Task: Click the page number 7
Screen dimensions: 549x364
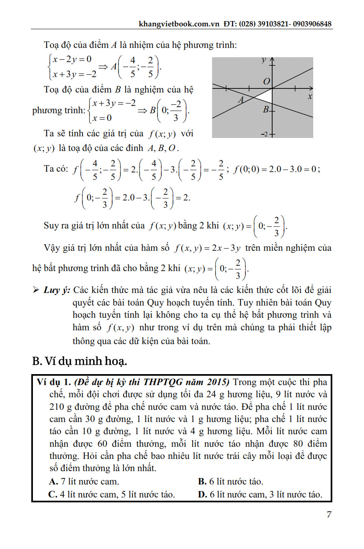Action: point(329,515)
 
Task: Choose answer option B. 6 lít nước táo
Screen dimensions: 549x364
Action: point(230,482)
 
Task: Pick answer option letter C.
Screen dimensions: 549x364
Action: point(52,494)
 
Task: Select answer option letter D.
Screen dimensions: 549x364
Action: point(201,494)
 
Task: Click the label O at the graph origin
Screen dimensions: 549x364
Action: point(266,82)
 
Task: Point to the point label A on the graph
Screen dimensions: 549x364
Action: point(240,99)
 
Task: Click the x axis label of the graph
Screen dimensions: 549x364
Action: point(310,97)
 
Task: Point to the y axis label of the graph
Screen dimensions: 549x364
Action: point(264,60)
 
